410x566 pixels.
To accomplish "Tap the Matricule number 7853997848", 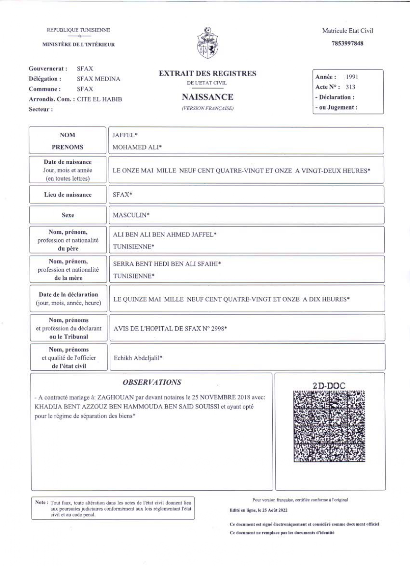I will [347, 43].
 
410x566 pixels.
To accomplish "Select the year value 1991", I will [352, 77].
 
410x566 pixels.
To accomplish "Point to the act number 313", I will [351, 87].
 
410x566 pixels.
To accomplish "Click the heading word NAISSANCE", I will [207, 97].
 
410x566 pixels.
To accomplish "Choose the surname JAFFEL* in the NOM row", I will [125, 135].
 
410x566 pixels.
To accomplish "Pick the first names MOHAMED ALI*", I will [137, 147].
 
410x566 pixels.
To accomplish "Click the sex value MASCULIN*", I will [131, 215].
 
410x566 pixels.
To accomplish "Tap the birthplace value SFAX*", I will [122, 195].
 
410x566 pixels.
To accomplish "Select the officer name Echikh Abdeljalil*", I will [138, 358].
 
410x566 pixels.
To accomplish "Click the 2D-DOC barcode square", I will [329, 426].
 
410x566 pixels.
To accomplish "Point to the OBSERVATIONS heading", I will [152, 382].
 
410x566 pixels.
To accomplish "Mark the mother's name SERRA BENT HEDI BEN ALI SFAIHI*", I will [167, 264].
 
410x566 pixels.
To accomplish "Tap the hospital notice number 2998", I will [217, 329].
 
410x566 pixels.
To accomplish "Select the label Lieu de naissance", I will [68, 195].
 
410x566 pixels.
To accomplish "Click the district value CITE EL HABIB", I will [99, 99].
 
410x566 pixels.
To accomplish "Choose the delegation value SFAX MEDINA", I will [98, 79].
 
